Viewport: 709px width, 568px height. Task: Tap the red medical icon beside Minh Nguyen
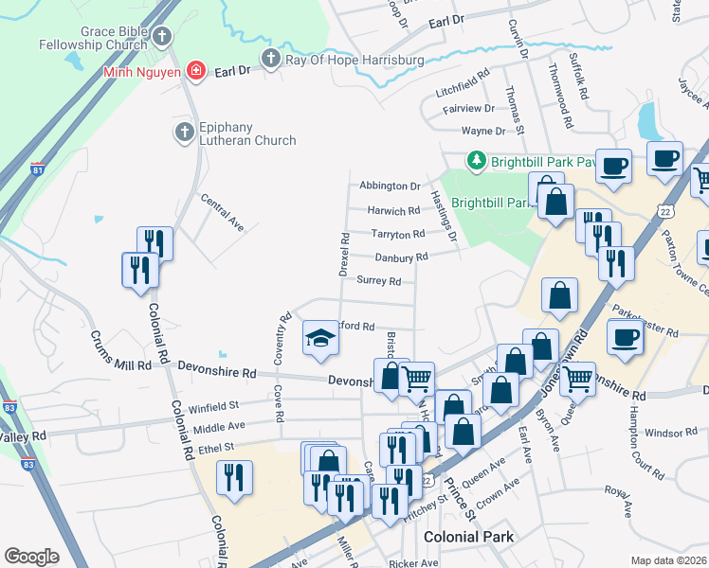(x=195, y=70)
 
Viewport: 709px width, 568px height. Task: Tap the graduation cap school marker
(x=320, y=338)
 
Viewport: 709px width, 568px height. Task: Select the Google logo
(x=31, y=557)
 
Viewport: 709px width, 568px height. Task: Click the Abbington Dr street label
(x=389, y=186)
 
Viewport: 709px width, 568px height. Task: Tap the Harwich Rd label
(x=393, y=211)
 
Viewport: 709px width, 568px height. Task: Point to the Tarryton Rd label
(x=398, y=234)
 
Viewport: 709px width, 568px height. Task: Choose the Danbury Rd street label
(x=401, y=257)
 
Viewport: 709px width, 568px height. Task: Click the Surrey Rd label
(x=379, y=280)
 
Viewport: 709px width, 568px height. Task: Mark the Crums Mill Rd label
(x=120, y=350)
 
